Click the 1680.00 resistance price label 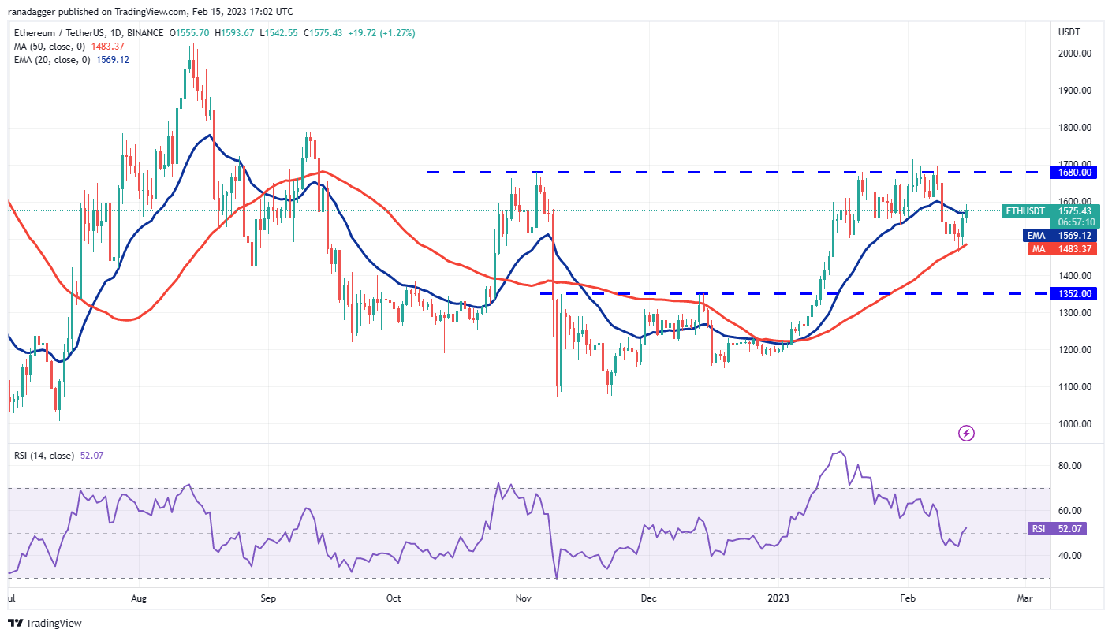pos(1075,172)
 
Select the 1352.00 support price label pos(1075,293)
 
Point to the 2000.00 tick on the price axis pos(1074,54)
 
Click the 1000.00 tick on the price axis pos(1074,423)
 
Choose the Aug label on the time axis pos(139,598)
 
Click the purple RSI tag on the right pos(1038,528)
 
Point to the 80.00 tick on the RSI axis pos(1069,466)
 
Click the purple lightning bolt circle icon pos(966,433)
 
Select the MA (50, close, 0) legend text pos(51,47)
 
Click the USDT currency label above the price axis pos(1069,32)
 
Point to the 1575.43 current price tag pos(1075,211)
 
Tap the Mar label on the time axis pos(1024,598)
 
